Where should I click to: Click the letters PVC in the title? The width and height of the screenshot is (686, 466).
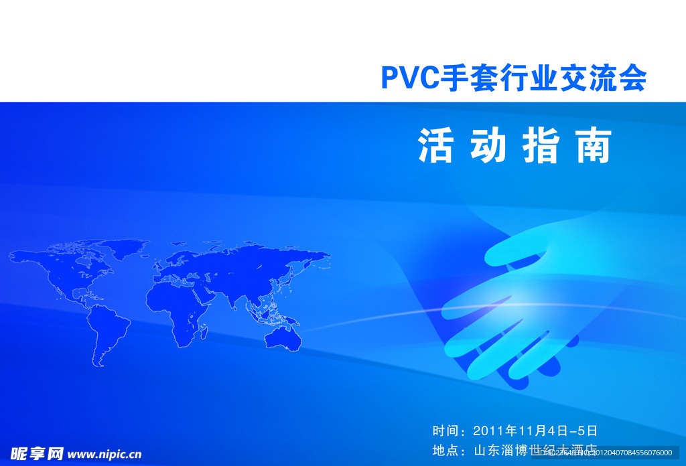point(409,78)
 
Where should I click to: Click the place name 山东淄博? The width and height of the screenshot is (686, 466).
point(501,450)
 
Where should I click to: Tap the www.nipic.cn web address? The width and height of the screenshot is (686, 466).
point(105,454)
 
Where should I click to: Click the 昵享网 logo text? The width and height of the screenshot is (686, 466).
point(37,454)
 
